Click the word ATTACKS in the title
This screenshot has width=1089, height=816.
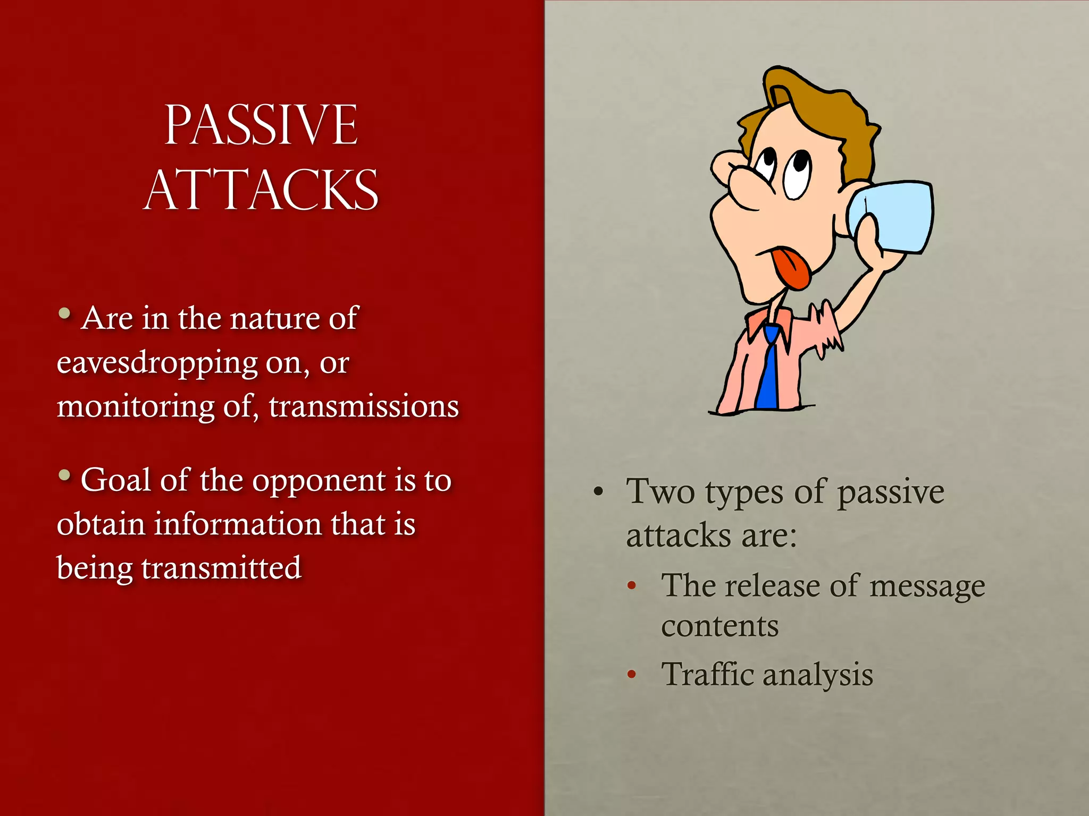pyautogui.click(x=261, y=190)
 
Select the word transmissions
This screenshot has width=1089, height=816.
pyautogui.click(x=364, y=406)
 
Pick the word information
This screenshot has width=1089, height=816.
pyautogui.click(x=238, y=524)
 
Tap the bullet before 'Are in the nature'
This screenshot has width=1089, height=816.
pyautogui.click(x=64, y=313)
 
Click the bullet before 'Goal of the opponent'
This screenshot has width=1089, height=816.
pyautogui.click(x=64, y=475)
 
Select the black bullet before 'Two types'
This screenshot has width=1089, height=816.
pyautogui.click(x=599, y=491)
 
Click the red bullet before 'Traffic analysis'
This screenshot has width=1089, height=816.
pyautogui.click(x=632, y=675)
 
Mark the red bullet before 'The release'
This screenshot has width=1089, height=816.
pyautogui.click(x=632, y=586)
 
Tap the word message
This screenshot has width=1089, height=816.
pyautogui.click(x=927, y=586)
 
